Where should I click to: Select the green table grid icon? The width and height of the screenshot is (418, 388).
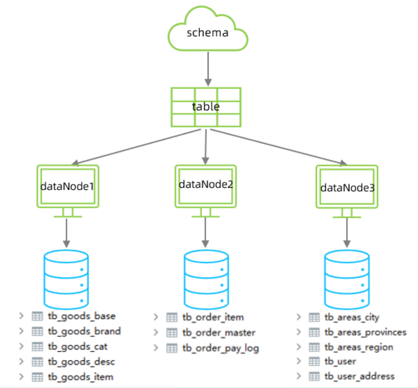pos(206,107)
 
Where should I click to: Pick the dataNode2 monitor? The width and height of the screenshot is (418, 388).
pos(206,186)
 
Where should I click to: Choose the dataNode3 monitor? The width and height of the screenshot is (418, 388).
pos(347,187)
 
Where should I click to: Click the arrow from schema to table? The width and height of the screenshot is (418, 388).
pos(208,69)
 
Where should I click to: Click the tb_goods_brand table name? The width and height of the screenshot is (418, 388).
pos(84,331)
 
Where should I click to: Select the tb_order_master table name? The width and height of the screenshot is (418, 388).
pos(219,333)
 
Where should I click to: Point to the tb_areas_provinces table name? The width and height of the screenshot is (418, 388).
pos(365,332)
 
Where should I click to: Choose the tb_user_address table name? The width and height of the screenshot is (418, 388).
pos(359,376)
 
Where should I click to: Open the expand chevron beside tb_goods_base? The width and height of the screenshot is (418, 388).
pos(21,316)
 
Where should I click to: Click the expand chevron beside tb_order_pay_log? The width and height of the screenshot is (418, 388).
pos(156,348)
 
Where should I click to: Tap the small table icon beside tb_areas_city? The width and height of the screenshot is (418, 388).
pos(314,317)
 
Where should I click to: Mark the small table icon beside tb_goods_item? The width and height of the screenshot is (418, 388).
pos(37,377)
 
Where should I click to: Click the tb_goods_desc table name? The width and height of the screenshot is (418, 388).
pos(81,362)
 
